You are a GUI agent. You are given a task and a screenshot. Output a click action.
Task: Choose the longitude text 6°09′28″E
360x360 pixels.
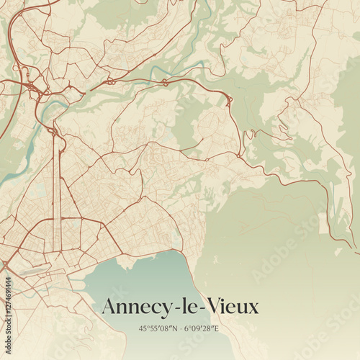click(202, 329)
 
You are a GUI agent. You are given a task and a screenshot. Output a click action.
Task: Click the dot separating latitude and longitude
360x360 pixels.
click(181, 329)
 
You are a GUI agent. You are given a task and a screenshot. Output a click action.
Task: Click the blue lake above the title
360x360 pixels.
click(144, 277)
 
